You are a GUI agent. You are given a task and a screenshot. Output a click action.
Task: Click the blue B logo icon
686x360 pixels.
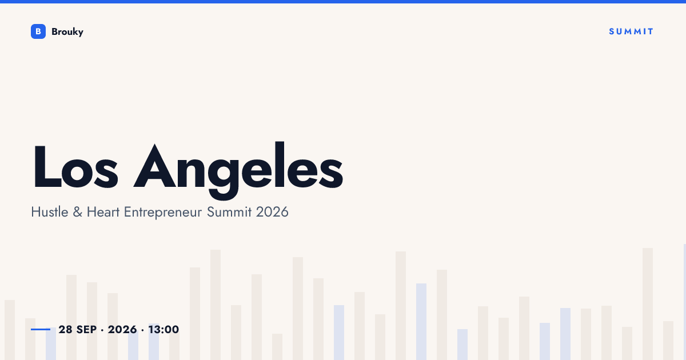(38, 31)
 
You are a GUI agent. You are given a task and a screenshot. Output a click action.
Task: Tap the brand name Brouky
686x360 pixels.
(67, 32)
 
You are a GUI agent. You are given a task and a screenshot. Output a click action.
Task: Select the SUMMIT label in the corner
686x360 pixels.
(631, 31)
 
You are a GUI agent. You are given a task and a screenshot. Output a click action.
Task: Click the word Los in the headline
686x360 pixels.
(75, 166)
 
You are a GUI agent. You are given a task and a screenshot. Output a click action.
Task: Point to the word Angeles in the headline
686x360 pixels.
(238, 170)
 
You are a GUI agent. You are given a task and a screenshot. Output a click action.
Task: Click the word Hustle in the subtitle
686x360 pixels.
(50, 212)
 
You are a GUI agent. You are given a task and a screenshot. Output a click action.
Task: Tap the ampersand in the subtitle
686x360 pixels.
(78, 212)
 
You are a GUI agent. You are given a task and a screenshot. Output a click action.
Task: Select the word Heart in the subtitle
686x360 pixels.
(103, 212)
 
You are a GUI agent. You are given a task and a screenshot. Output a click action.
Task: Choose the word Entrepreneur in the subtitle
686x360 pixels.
(163, 213)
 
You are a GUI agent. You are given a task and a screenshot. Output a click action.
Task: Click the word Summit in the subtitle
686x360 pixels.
(229, 212)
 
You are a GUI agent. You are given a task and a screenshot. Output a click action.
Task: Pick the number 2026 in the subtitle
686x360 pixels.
(272, 212)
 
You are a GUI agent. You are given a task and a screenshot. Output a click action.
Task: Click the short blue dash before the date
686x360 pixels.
(41, 329)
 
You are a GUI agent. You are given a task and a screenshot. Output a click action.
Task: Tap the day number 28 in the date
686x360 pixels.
(65, 329)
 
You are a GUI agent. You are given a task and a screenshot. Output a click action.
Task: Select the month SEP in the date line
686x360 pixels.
(86, 329)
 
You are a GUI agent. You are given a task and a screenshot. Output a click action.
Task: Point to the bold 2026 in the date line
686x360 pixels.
(122, 329)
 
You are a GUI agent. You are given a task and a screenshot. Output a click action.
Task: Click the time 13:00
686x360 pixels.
(163, 329)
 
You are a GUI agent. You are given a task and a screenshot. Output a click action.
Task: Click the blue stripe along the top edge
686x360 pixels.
(343, 2)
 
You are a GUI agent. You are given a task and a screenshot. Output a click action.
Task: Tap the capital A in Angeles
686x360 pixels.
(155, 166)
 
